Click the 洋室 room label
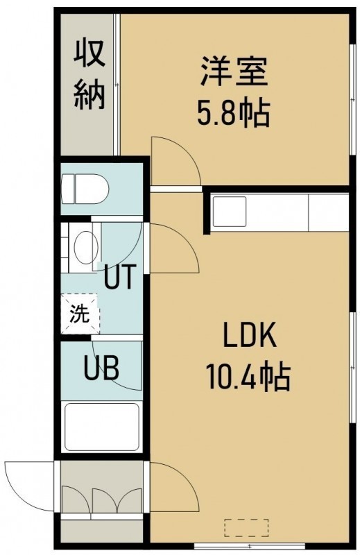click(233, 71)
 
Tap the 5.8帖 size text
click(233, 113)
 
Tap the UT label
click(119, 276)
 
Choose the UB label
click(101, 368)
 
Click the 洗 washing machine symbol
click(80, 314)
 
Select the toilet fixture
click(85, 188)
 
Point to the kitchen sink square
click(229, 212)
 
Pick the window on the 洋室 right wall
click(352, 99)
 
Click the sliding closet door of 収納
click(117, 84)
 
